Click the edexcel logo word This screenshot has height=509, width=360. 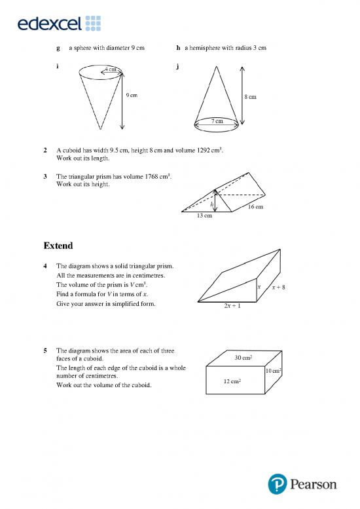click(50, 24)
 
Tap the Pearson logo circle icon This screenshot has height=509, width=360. click(277, 485)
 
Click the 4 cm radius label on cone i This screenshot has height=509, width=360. click(111, 69)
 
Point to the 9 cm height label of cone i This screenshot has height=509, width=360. click(131, 96)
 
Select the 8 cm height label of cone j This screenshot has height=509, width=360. click(250, 97)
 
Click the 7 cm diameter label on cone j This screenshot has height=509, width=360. click(217, 121)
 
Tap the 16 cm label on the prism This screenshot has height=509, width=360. click(255, 207)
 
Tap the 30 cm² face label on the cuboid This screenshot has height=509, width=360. click(243, 357)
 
